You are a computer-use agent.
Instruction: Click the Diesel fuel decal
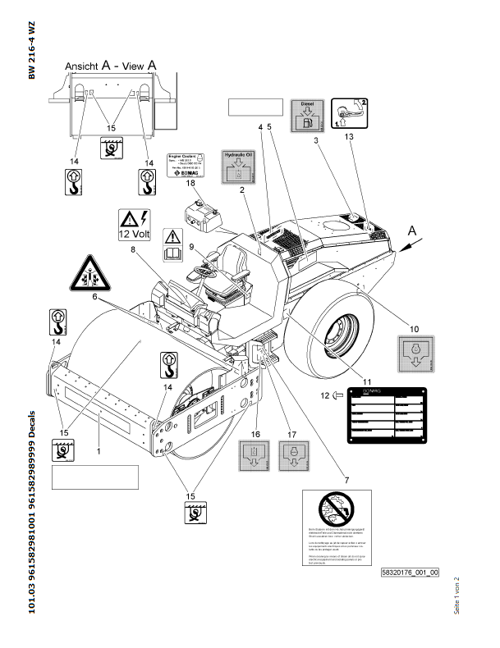pos(306,116)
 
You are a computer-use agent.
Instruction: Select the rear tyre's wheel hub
pos(337,333)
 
